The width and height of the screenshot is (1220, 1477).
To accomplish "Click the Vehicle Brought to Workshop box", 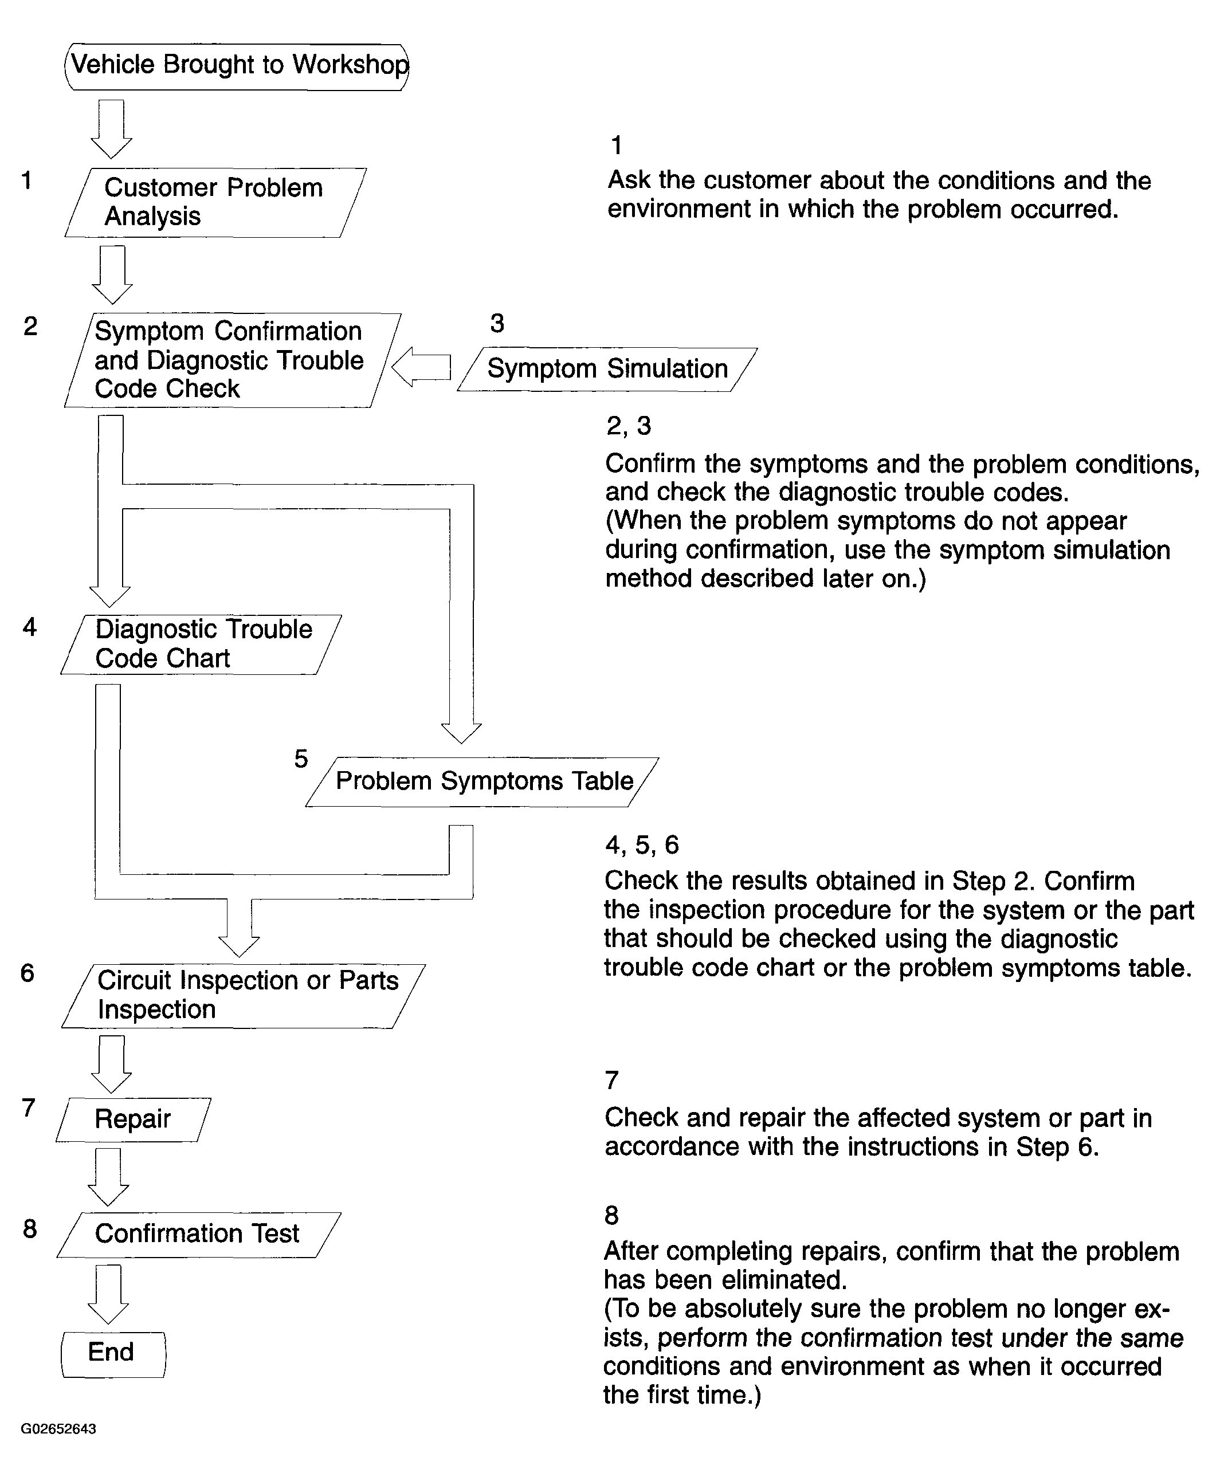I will coord(237,66).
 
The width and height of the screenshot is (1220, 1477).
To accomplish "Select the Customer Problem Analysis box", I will coord(215,202).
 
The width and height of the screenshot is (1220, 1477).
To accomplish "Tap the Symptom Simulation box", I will coord(607,369).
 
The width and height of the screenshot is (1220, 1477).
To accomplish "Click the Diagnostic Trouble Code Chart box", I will coord(201,645).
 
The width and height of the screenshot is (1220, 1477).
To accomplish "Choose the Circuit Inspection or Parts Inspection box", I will coord(243,995).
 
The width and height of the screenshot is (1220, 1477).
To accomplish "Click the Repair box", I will coord(134,1119).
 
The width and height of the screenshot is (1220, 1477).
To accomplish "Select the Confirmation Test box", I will coord(198,1234).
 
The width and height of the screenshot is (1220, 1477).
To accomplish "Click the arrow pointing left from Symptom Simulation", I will coord(420,367).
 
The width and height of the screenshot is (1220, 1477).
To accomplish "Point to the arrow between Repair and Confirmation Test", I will coord(108,1176).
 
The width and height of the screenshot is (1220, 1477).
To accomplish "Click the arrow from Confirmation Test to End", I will coord(108,1294).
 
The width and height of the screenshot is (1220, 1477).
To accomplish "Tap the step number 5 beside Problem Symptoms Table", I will coord(301,759).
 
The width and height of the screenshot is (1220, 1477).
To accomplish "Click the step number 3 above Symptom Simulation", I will coord(497,323).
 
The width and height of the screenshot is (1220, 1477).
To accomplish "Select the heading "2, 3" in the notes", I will coord(629,426).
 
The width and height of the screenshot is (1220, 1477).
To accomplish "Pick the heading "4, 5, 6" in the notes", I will coord(642,844).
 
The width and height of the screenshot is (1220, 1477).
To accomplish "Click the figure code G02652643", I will coord(58,1428).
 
